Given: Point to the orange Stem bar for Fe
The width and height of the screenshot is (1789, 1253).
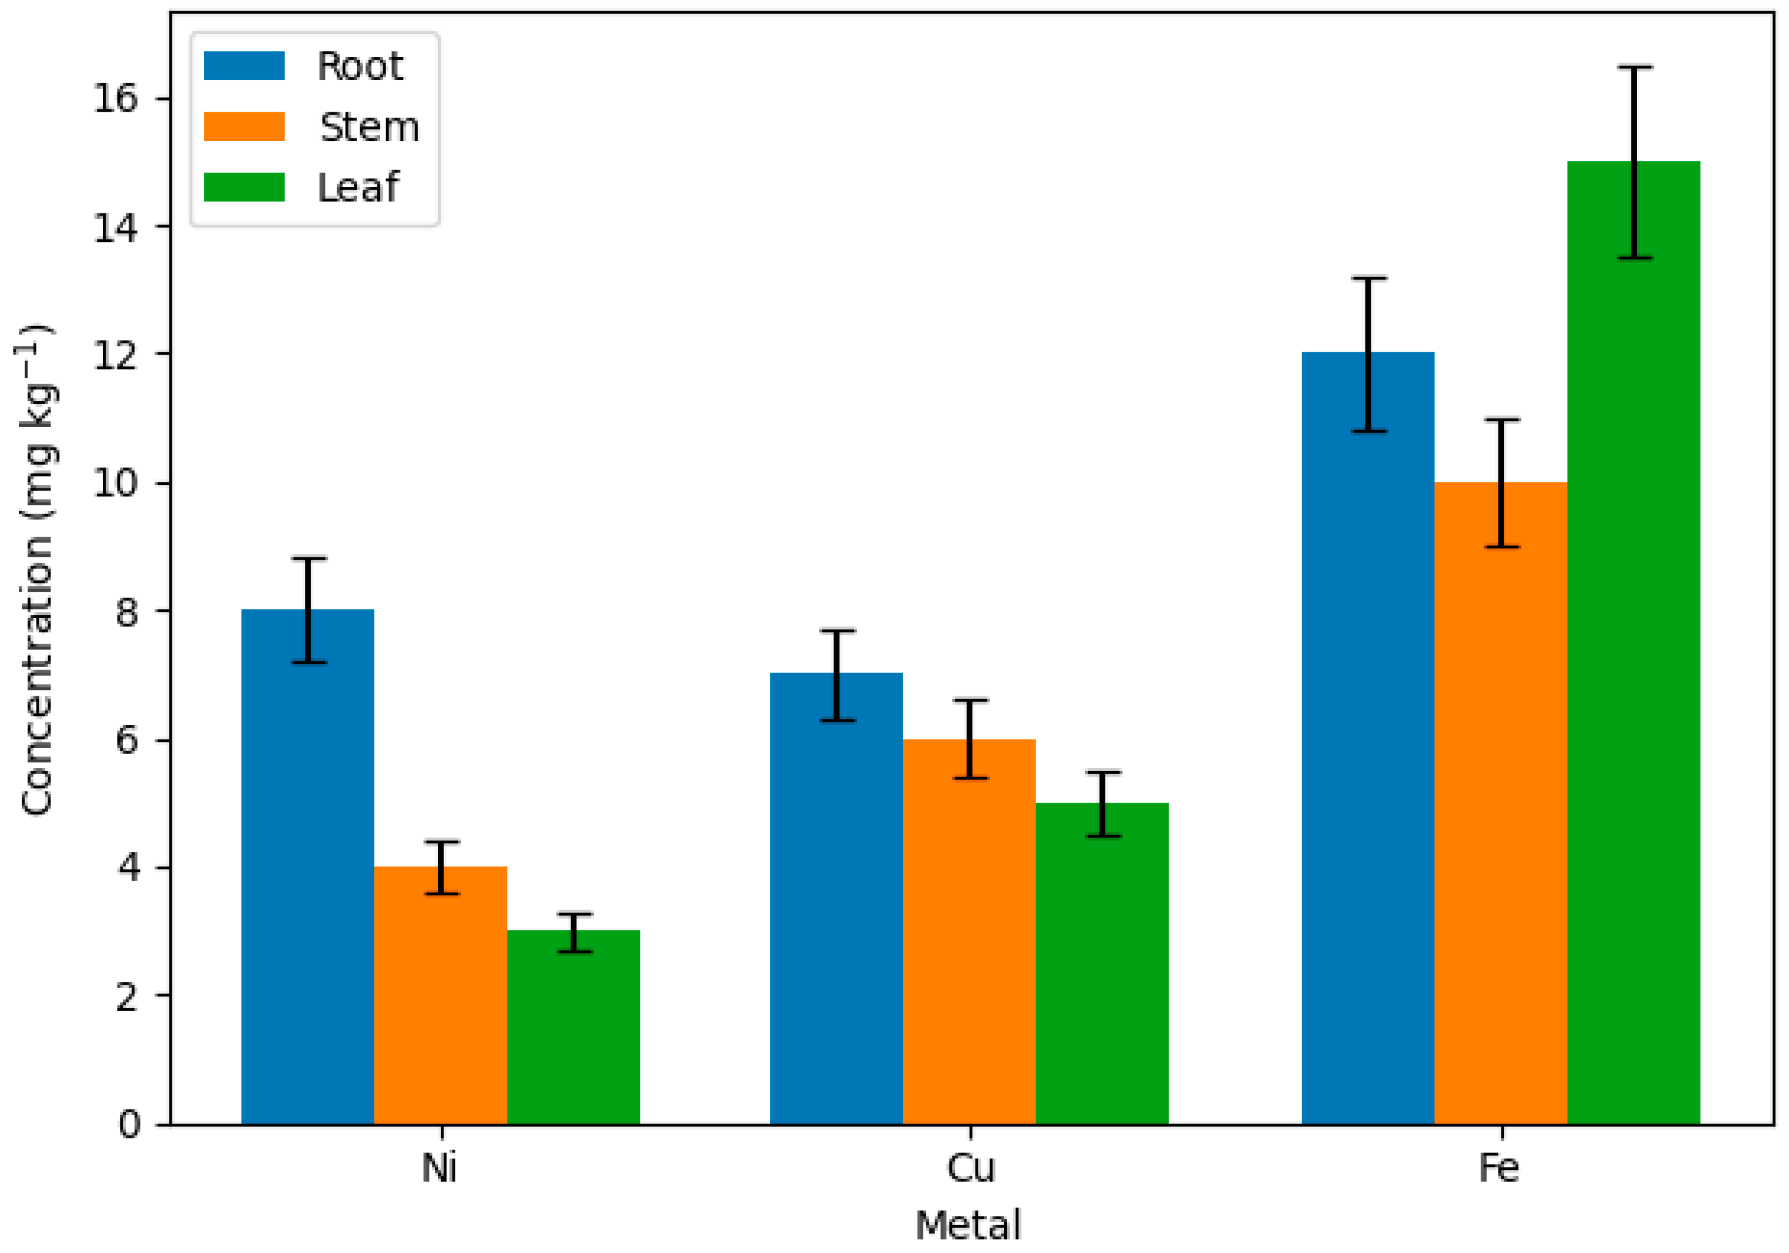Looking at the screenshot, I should pos(1501,803).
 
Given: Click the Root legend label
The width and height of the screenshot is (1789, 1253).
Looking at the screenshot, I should pos(360,66).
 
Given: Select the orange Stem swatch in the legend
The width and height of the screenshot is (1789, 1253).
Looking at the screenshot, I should pos(244,126).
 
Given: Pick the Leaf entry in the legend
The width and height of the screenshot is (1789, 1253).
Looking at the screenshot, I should pos(358,187).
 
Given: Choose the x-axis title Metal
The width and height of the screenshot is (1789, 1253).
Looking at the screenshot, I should pos(968,1225).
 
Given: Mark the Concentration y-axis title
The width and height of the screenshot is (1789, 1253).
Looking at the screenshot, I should pos(37,569).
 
